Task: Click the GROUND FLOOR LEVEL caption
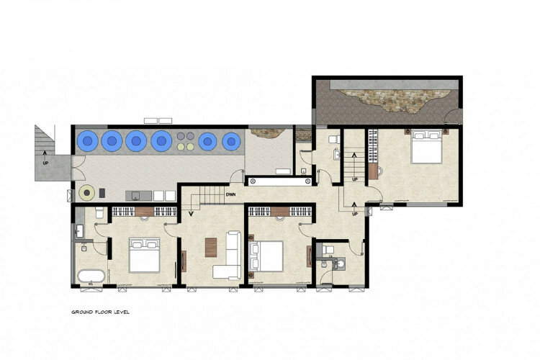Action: [x=101, y=312]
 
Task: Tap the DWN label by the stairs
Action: [x=230, y=194]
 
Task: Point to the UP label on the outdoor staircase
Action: [x=45, y=163]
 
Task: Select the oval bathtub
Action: [x=91, y=276]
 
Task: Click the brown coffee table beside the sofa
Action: [x=211, y=248]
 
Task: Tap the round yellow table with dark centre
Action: [x=87, y=192]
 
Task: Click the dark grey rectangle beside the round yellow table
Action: [x=102, y=193]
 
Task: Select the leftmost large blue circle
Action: [x=87, y=140]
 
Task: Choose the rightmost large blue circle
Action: [x=231, y=141]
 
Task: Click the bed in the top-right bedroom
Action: [x=426, y=146]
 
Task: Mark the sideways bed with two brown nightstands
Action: [x=266, y=256]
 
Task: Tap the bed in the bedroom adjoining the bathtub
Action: [x=144, y=255]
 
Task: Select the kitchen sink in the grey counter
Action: [x=136, y=196]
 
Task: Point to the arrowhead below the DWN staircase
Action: [x=191, y=214]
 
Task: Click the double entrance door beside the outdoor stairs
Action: [x=78, y=168]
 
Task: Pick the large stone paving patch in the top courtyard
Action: [x=394, y=100]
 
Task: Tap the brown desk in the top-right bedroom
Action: [x=373, y=171]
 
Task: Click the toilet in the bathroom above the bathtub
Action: [x=99, y=213]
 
